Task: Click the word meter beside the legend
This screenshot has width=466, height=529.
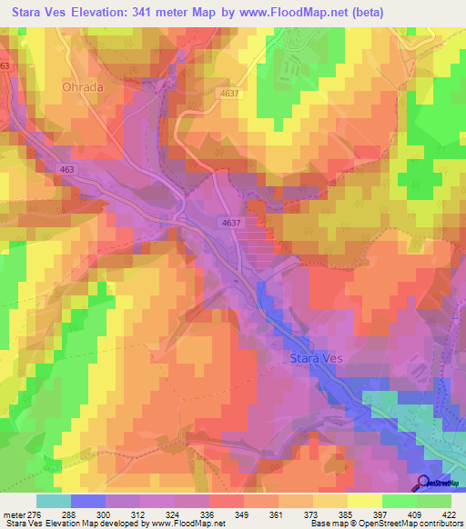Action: point(14,514)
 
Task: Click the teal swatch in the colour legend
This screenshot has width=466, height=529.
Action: point(55,501)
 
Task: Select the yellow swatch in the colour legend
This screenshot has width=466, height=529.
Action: point(364,501)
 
